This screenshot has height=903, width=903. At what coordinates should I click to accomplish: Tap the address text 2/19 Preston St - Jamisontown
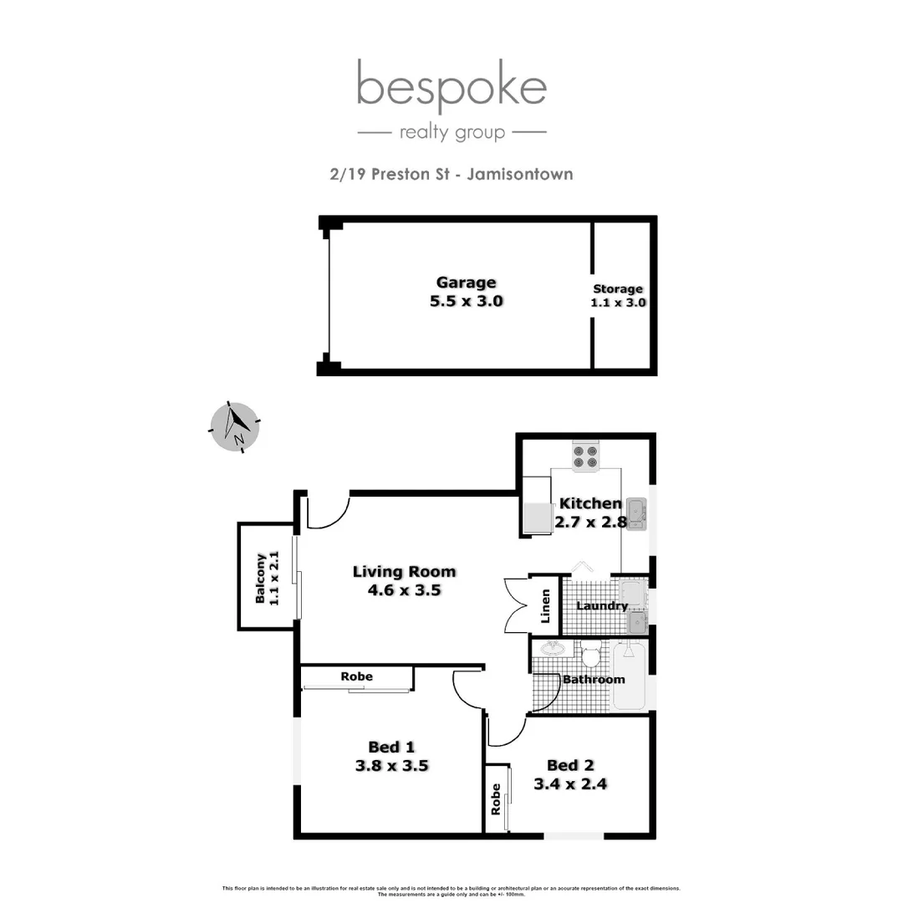(451, 175)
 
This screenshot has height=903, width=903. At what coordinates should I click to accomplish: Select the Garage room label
(466, 283)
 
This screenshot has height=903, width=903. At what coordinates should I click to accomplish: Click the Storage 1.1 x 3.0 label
(618, 296)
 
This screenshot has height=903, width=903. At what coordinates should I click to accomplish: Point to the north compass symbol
(234, 426)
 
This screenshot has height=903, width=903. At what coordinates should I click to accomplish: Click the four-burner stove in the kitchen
(584, 456)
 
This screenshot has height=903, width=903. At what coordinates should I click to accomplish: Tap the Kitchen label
(589, 503)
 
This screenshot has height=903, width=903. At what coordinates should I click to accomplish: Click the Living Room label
(404, 572)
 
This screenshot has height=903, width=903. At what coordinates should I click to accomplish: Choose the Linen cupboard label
(546, 606)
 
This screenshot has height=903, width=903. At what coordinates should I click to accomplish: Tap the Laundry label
(602, 606)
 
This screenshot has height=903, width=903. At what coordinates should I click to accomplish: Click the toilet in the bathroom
(591, 654)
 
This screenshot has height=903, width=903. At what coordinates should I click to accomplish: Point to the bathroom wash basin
(552, 649)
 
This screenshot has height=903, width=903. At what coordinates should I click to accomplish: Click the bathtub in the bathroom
(630, 677)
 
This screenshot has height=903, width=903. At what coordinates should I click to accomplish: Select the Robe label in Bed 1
(357, 676)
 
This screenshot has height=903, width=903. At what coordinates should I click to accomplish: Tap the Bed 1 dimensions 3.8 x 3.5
(391, 764)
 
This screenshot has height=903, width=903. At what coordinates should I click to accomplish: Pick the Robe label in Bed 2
(496, 798)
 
